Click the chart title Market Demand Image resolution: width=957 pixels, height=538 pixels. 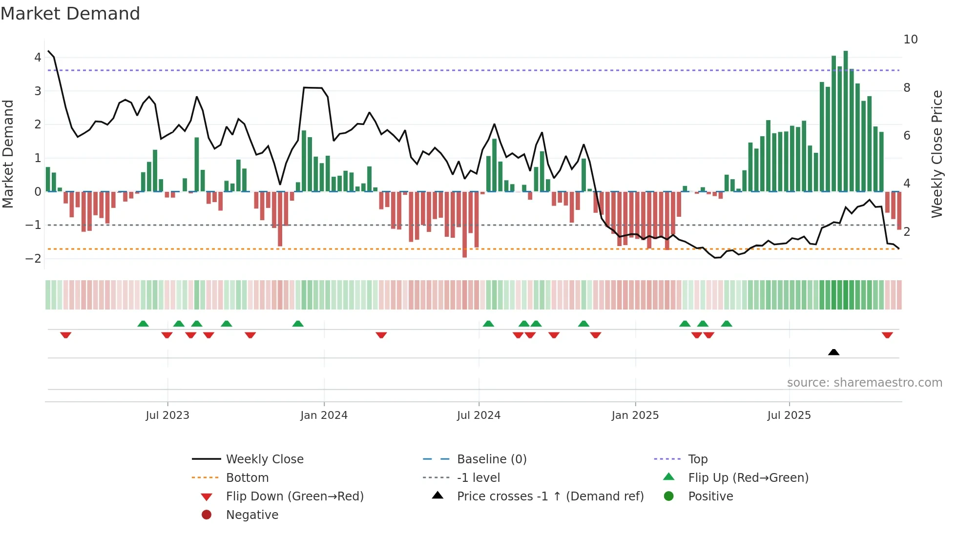click(x=70, y=14)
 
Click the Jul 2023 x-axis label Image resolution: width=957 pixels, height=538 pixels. click(x=167, y=415)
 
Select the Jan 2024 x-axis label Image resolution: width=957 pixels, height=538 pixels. click(x=324, y=415)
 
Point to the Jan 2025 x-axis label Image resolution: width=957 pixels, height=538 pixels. click(x=635, y=415)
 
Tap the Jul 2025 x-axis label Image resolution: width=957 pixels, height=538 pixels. click(x=789, y=415)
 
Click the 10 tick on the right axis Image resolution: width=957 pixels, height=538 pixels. click(x=910, y=40)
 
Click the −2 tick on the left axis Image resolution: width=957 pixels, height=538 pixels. click(x=34, y=258)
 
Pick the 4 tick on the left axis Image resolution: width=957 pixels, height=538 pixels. click(x=38, y=58)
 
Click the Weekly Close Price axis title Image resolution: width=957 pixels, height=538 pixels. click(x=936, y=154)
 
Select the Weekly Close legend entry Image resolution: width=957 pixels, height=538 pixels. click(x=264, y=459)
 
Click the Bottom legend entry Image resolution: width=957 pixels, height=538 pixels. click(x=247, y=478)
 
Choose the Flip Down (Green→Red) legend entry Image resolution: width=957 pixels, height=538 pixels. click(x=294, y=497)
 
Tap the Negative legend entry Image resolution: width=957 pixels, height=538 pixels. click(x=252, y=515)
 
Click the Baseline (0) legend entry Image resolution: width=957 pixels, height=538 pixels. click(x=491, y=459)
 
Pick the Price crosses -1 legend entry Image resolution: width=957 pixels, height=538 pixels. click(x=550, y=497)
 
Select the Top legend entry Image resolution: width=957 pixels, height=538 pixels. click(x=697, y=459)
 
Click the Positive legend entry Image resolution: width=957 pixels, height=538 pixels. click(x=710, y=497)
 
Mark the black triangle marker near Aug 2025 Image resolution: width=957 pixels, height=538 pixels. click(x=833, y=352)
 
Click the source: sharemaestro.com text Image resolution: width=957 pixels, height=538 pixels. click(x=864, y=383)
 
